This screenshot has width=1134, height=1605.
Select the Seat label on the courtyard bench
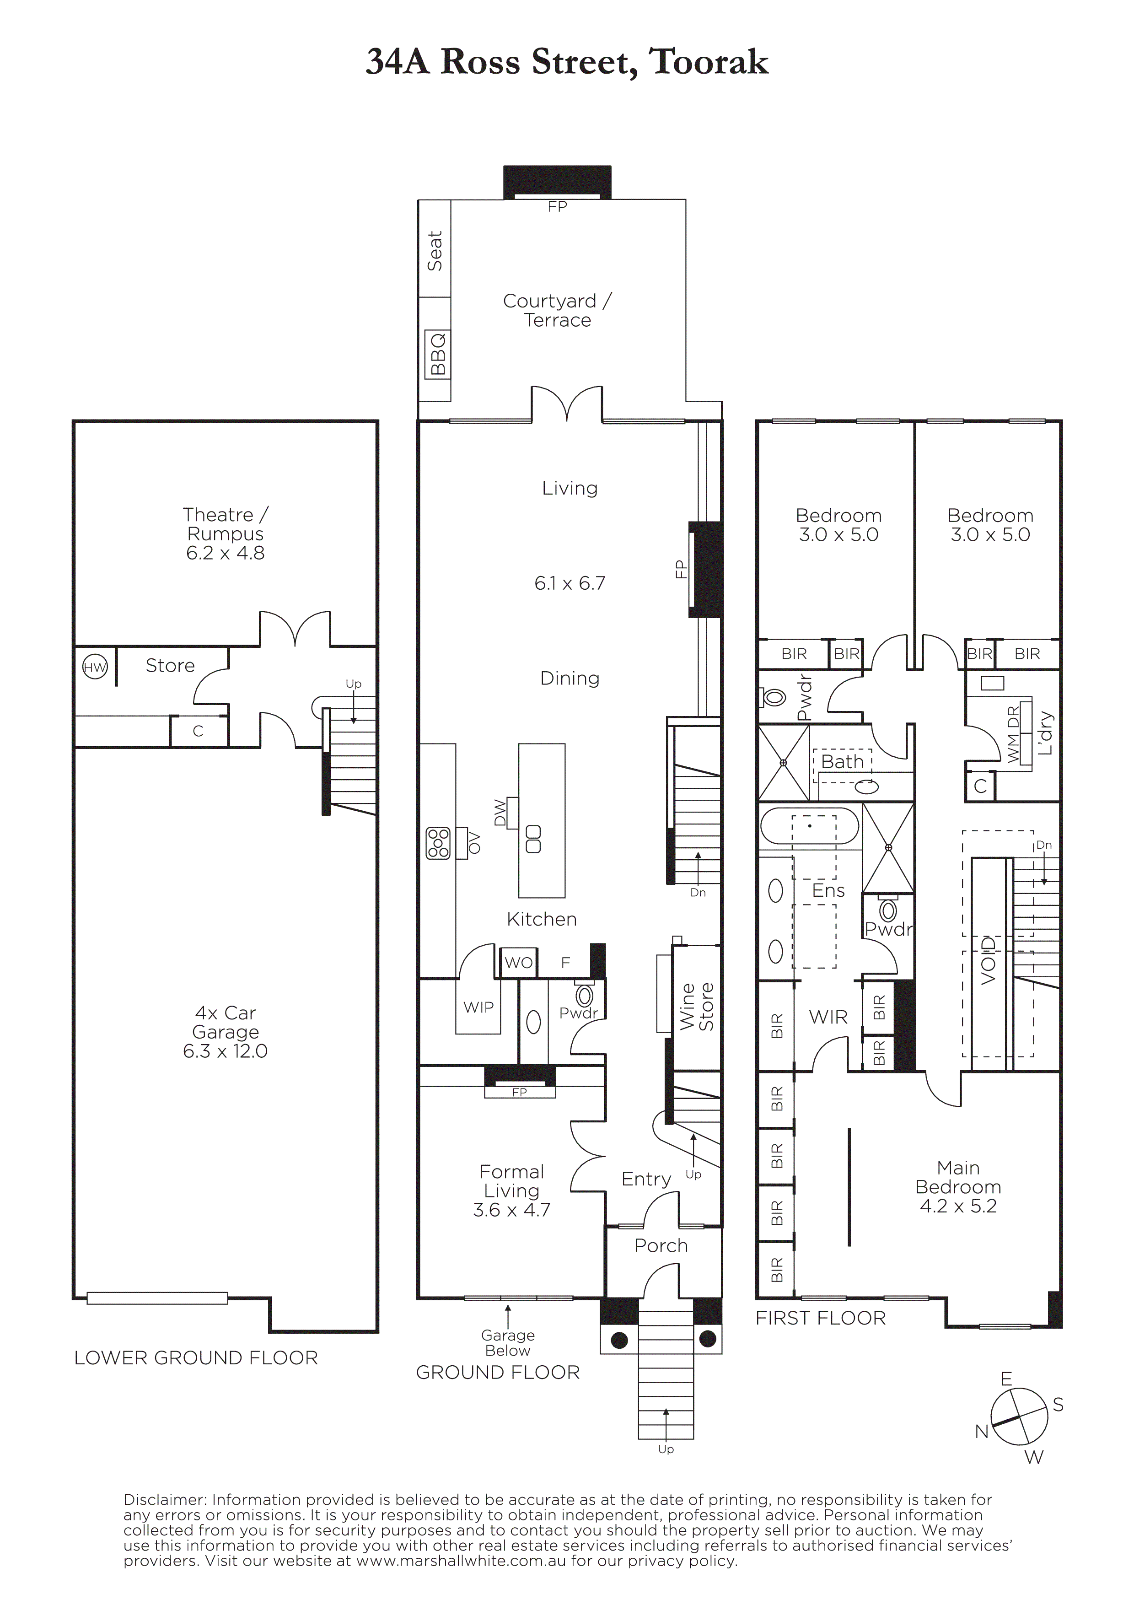tap(435, 251)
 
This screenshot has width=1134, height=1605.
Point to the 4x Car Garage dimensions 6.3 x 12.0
tap(225, 1051)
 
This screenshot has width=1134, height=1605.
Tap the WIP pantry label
tap(478, 1007)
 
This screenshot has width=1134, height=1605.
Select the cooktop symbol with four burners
tap(439, 843)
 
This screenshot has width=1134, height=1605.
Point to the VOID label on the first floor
tap(989, 960)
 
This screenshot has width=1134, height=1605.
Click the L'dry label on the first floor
tap(1045, 733)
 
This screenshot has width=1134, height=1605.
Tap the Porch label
tap(661, 1246)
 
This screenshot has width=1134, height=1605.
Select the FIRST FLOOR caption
tap(820, 1319)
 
